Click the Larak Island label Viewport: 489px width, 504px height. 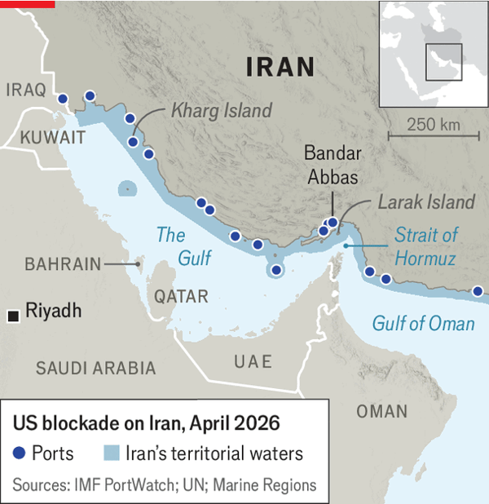425,201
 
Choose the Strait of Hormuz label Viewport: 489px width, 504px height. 425,247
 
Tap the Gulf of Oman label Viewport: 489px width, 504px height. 423,324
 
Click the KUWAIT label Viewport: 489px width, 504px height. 53,136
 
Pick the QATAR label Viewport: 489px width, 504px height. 181,295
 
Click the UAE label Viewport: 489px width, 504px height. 253,361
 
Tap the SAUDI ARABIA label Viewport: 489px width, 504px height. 95,368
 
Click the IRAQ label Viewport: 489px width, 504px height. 25,90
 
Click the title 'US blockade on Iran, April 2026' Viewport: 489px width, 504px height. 146,424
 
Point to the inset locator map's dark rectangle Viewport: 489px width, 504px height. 444,62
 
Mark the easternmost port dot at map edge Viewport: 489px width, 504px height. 478,290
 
